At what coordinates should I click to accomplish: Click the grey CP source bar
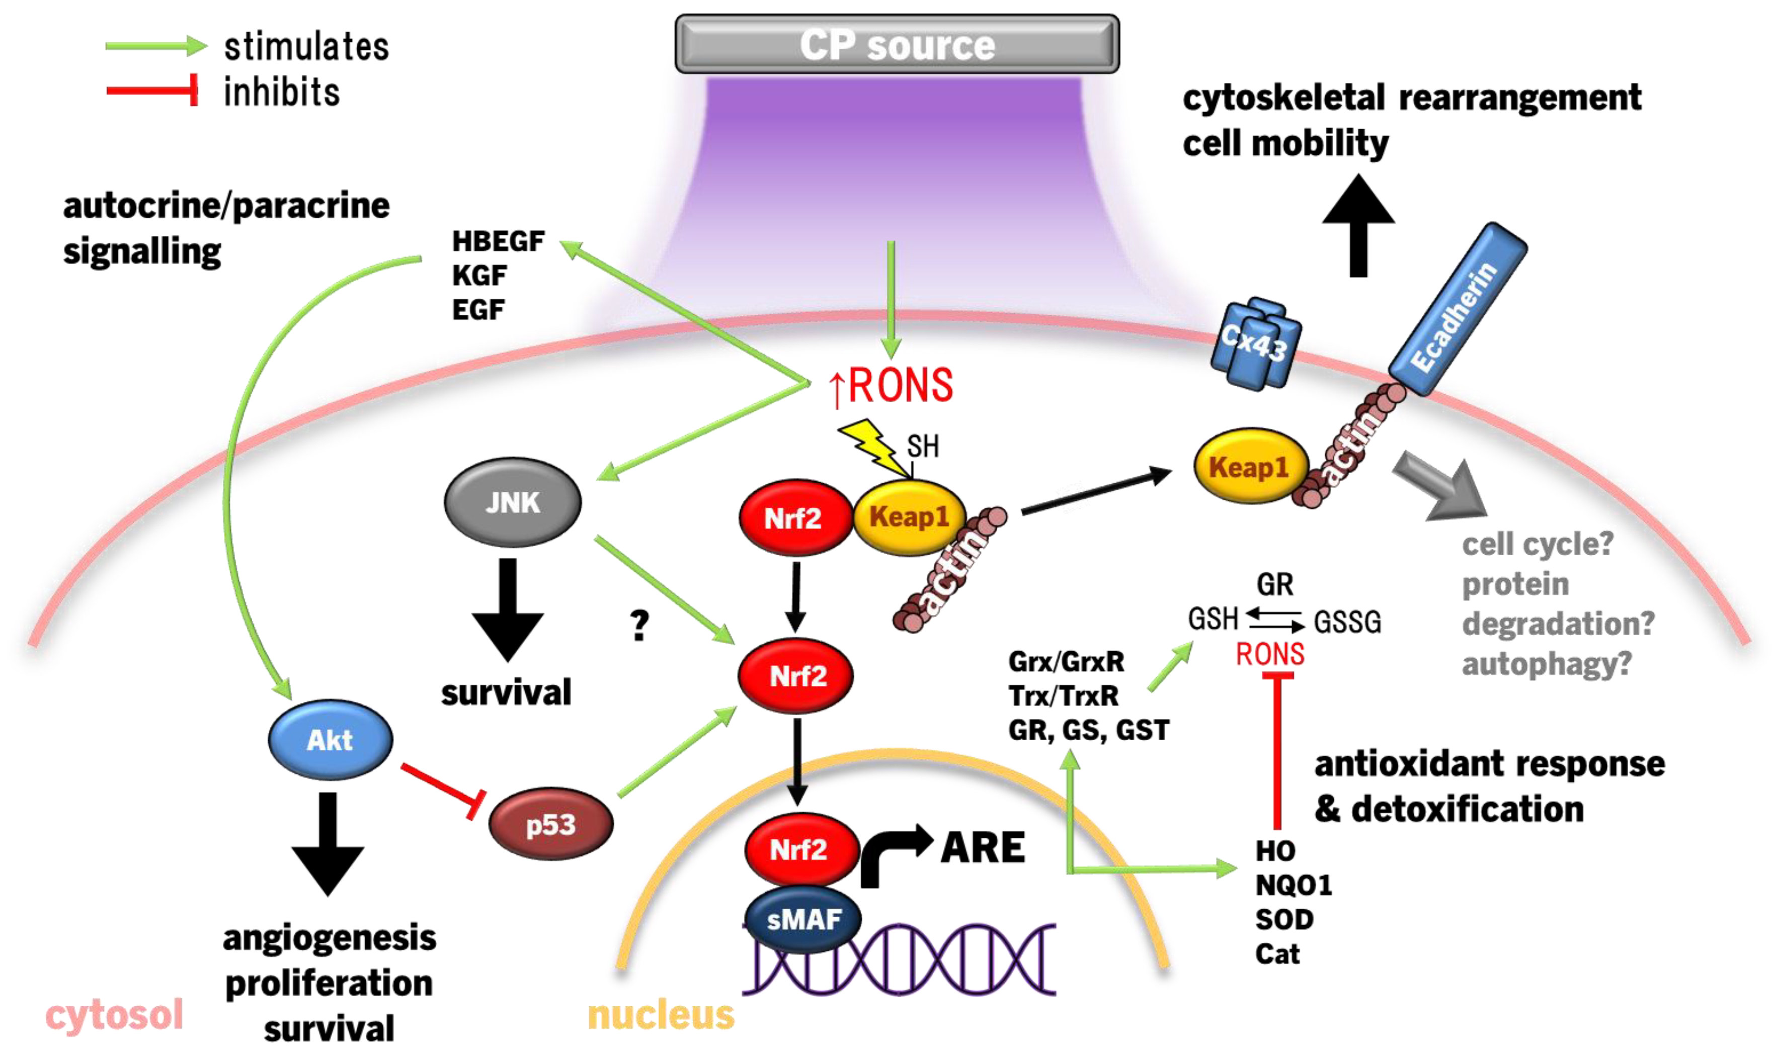coord(897,44)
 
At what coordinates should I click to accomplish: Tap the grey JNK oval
coord(512,503)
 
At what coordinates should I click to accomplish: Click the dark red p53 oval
coord(550,825)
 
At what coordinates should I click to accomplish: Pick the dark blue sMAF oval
coord(803,920)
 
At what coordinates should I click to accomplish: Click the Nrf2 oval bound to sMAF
coord(800,848)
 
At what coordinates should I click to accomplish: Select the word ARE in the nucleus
coord(983,848)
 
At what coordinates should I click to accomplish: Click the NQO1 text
coord(1293,886)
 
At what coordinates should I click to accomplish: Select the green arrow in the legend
coord(155,46)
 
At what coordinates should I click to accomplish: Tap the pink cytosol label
coord(114,1015)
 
